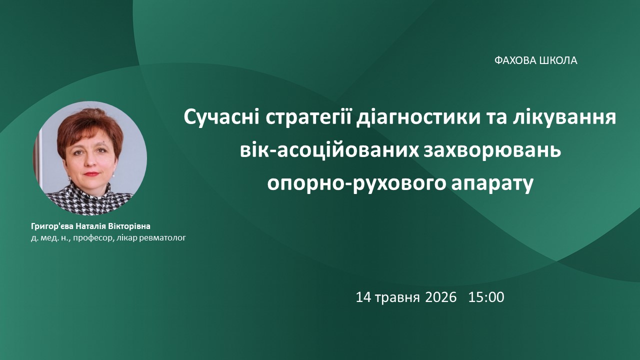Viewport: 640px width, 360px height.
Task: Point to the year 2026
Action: tap(441, 297)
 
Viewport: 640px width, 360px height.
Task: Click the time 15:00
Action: tap(486, 297)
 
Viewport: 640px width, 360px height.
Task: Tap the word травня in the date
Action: tap(397, 298)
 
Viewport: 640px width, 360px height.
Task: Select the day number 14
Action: tap(363, 297)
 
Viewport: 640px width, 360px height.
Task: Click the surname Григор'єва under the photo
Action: tap(52, 226)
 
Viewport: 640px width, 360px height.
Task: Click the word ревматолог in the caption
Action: tap(162, 237)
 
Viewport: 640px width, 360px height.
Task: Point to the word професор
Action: tap(93, 237)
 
